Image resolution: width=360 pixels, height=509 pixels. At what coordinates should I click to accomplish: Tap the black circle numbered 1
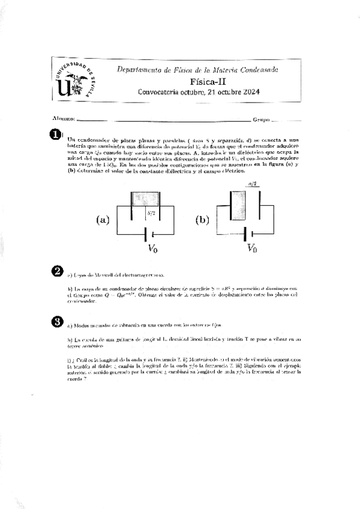point(55,135)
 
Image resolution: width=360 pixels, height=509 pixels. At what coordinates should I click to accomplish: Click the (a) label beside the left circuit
point(103,220)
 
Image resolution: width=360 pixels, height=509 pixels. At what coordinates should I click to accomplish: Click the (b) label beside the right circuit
point(202,220)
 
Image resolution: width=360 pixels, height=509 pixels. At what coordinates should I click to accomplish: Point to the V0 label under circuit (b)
point(252,248)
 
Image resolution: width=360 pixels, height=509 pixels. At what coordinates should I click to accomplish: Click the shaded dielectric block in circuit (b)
point(238,205)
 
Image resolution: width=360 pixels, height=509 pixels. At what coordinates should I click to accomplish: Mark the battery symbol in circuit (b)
point(248,233)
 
